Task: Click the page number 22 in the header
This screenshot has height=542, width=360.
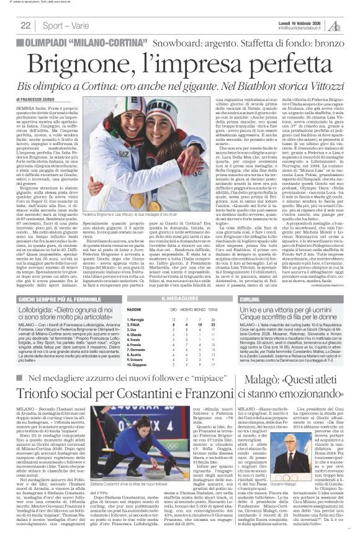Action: pyautogui.click(x=25, y=25)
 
